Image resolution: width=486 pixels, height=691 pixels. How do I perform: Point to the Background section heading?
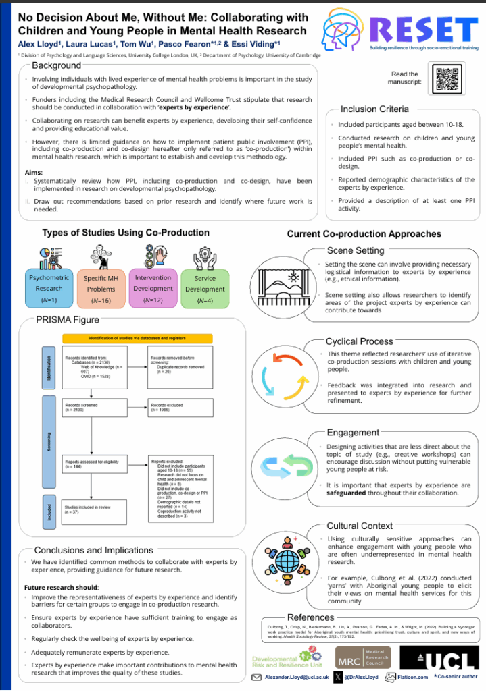coord(56,65)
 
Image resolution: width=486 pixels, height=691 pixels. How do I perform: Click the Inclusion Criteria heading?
coord(374,109)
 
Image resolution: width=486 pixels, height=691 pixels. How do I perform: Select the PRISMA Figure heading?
coord(68,319)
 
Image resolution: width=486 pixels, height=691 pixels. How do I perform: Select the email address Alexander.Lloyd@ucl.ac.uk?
coord(297,677)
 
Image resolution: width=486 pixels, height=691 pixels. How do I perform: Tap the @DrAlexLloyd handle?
coord(363,677)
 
